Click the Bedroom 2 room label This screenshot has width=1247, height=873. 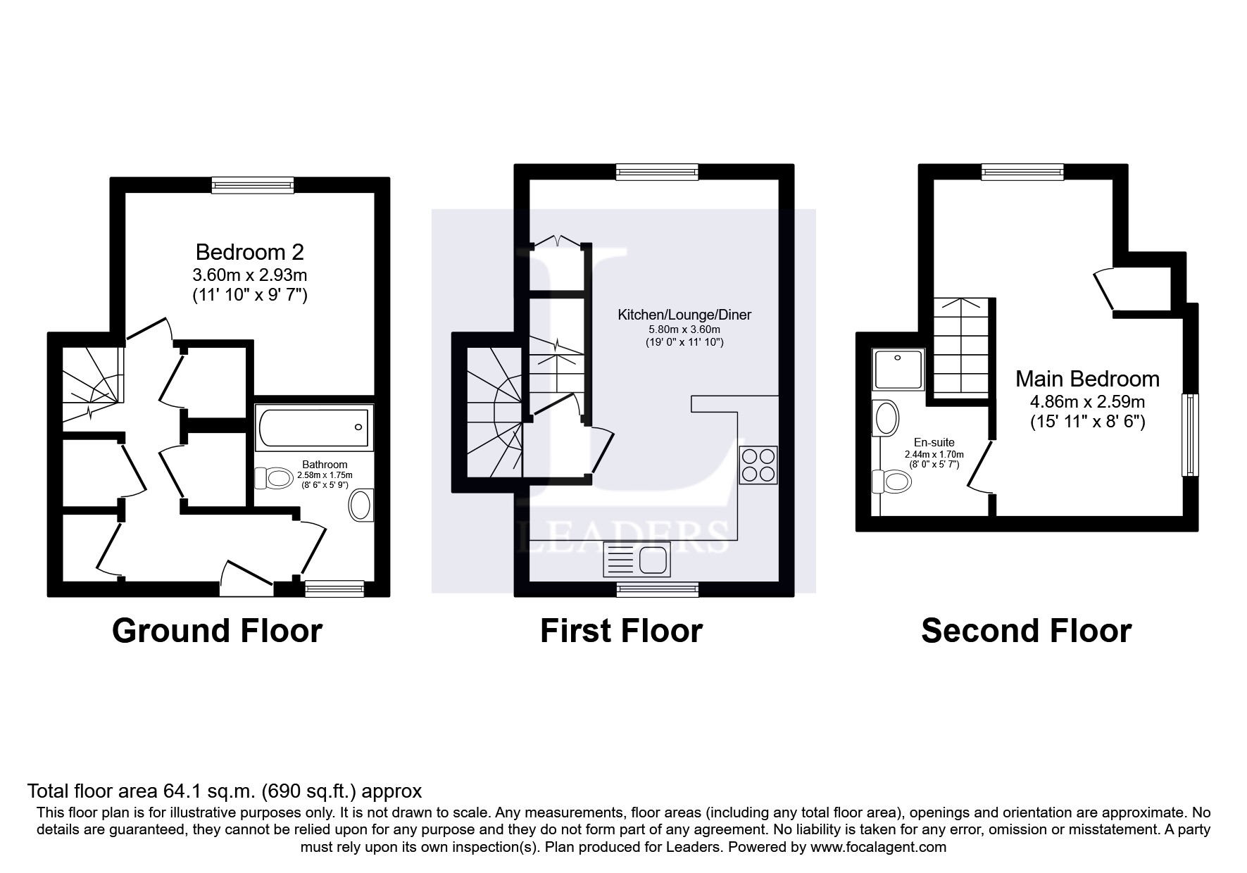pyautogui.click(x=249, y=252)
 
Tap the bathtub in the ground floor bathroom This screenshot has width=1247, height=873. pyautogui.click(x=313, y=428)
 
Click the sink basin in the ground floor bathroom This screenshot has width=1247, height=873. pyautogui.click(x=361, y=505)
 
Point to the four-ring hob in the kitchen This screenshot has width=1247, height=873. pyautogui.click(x=758, y=465)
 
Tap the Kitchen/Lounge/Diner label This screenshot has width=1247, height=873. pyautogui.click(x=684, y=315)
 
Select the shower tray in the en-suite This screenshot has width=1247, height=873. pyautogui.click(x=898, y=370)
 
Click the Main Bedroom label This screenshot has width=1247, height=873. pyautogui.click(x=1087, y=379)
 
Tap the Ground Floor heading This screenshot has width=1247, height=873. pyautogui.click(x=217, y=631)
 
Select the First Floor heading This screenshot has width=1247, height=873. pyautogui.click(x=621, y=631)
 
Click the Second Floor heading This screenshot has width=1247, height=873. pyautogui.click(x=1026, y=631)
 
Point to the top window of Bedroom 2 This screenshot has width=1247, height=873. pyautogui.click(x=253, y=185)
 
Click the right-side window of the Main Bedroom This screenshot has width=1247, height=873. pyautogui.click(x=1189, y=434)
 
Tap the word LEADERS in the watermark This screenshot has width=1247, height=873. pyautogui.click(x=623, y=537)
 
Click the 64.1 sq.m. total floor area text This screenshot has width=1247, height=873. pyautogui.click(x=224, y=791)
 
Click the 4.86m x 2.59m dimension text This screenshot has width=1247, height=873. pyautogui.click(x=1087, y=402)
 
